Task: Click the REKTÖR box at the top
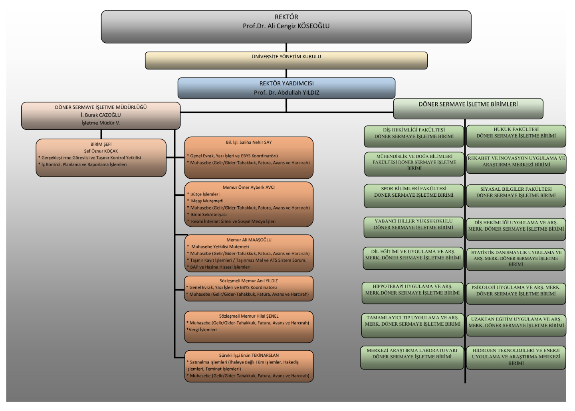tap(286, 27)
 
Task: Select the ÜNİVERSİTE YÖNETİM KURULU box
tap(286, 61)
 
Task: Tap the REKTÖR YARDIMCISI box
tap(286, 88)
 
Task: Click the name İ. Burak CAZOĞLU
tap(101, 115)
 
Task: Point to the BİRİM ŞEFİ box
tap(101, 158)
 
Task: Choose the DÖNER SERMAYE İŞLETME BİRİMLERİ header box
tap(468, 109)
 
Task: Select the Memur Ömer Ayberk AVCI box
tap(249, 204)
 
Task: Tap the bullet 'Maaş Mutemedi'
tap(207, 201)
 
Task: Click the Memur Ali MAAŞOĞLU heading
tap(249, 240)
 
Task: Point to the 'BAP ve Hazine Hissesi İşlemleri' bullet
tap(220, 267)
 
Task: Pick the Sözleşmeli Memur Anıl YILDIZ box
tap(249, 288)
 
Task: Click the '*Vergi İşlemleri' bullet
tap(202, 330)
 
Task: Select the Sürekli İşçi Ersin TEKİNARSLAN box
tap(249, 366)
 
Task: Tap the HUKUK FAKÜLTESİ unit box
tap(516, 136)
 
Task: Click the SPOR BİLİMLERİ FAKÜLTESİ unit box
tap(414, 196)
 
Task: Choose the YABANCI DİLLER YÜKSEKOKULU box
tap(413, 227)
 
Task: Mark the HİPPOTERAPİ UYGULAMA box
tap(412, 293)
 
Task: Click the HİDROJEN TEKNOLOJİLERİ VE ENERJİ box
tap(516, 358)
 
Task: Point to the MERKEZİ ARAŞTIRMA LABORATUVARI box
tap(412, 358)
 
